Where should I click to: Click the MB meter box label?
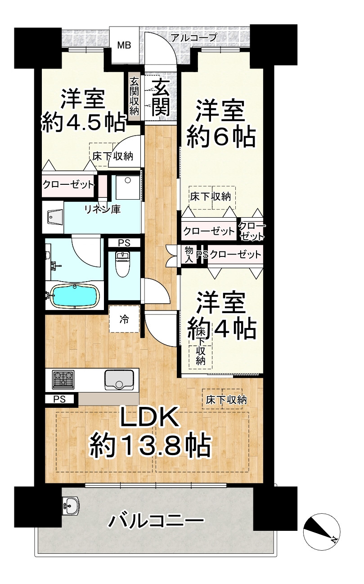point(124,45)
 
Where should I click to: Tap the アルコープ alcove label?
point(194,37)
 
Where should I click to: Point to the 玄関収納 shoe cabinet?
point(135,96)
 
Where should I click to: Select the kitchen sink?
point(120,380)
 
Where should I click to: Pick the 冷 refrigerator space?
point(124,319)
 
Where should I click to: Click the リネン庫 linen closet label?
point(102,210)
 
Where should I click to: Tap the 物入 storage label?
point(189,255)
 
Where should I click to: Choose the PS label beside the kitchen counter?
point(60,399)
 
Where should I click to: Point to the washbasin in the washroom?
point(55,216)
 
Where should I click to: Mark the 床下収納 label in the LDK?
point(226,400)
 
